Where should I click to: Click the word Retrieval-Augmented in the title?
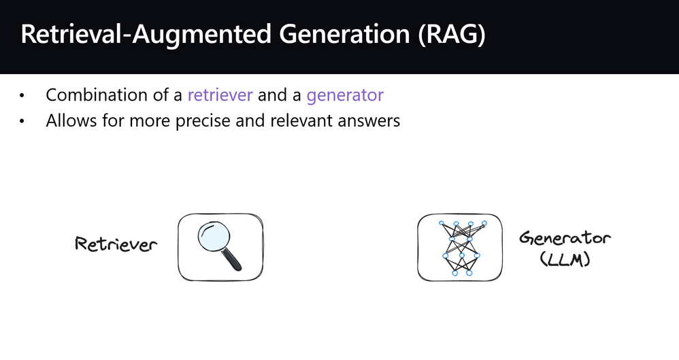coord(146,34)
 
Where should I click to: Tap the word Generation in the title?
coord(345,34)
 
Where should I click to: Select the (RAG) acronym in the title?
coord(452,35)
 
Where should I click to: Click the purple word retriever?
coord(220,95)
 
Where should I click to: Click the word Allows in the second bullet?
coord(71,120)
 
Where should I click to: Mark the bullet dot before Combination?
coord(22,96)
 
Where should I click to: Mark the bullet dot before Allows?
coord(22,121)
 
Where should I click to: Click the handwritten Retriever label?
coord(116,244)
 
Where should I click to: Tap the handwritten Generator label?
coord(565,238)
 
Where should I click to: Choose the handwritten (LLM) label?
coord(565,259)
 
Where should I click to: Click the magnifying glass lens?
coord(214,237)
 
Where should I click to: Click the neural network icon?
coord(462,248)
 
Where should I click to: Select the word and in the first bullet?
coord(272,95)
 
